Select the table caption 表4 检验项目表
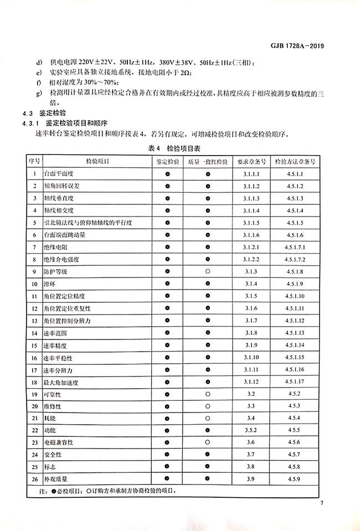180,148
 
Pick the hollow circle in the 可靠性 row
208,394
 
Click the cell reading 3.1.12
251,382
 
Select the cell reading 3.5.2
251,430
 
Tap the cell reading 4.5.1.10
295,296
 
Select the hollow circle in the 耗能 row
208,418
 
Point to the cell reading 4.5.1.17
295,382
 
